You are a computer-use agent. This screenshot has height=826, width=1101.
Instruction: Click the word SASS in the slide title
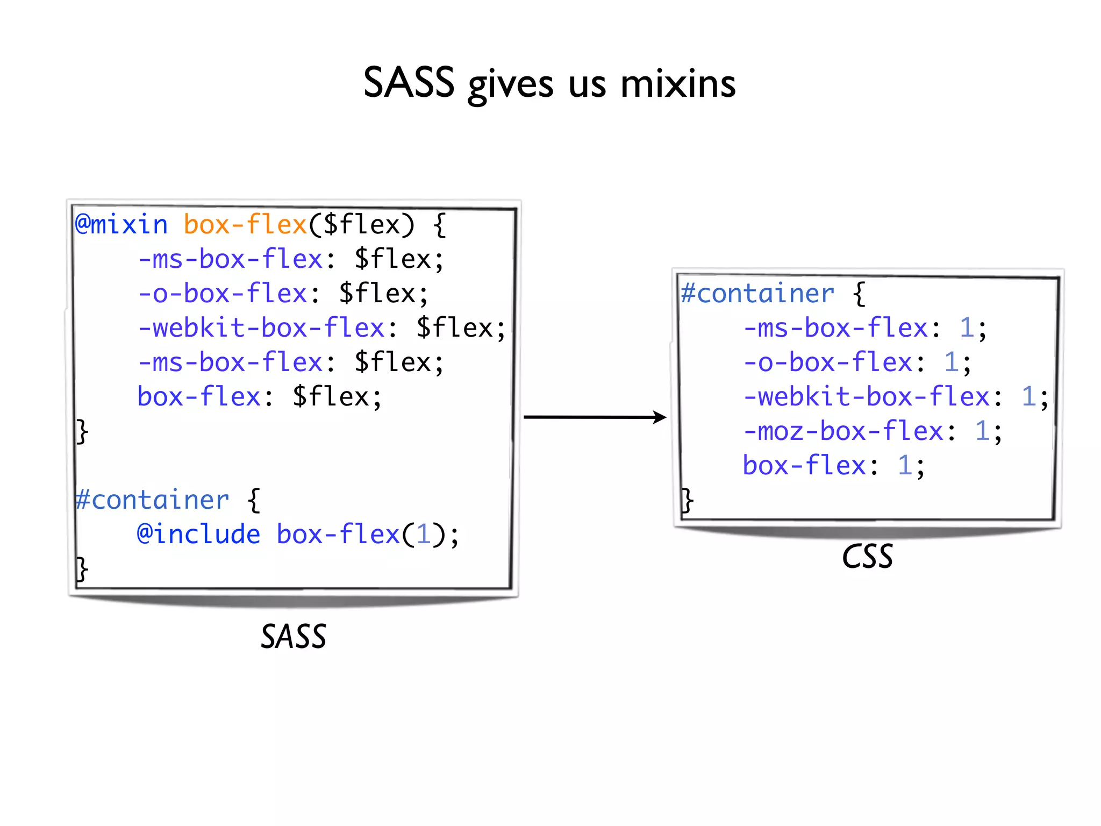pyautogui.click(x=409, y=83)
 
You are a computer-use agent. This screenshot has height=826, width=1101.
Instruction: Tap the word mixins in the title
pyautogui.click(x=678, y=84)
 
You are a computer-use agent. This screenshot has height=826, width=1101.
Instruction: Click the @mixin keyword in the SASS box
pyautogui.click(x=121, y=225)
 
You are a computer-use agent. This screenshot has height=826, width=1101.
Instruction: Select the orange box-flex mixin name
pyautogui.click(x=245, y=225)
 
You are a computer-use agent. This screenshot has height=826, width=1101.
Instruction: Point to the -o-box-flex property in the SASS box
pyautogui.click(x=222, y=294)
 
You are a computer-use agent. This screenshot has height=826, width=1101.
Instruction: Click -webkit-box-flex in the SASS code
pyautogui.click(x=261, y=328)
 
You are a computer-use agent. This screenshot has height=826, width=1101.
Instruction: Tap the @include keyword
pyautogui.click(x=198, y=535)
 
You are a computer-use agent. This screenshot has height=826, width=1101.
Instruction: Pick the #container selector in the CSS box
pyautogui.click(x=757, y=294)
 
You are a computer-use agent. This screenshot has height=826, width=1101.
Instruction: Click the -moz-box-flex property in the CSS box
pyautogui.click(x=843, y=431)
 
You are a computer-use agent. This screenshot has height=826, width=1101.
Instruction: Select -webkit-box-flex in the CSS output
pyautogui.click(x=866, y=397)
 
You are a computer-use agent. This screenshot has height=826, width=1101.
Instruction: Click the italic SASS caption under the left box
pyautogui.click(x=294, y=637)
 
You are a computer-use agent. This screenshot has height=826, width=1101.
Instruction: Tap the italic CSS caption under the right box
pyautogui.click(x=867, y=557)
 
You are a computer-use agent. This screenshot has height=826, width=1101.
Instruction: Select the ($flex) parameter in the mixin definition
pyautogui.click(x=362, y=225)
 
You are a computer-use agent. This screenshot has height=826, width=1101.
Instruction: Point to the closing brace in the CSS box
pyautogui.click(x=687, y=500)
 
